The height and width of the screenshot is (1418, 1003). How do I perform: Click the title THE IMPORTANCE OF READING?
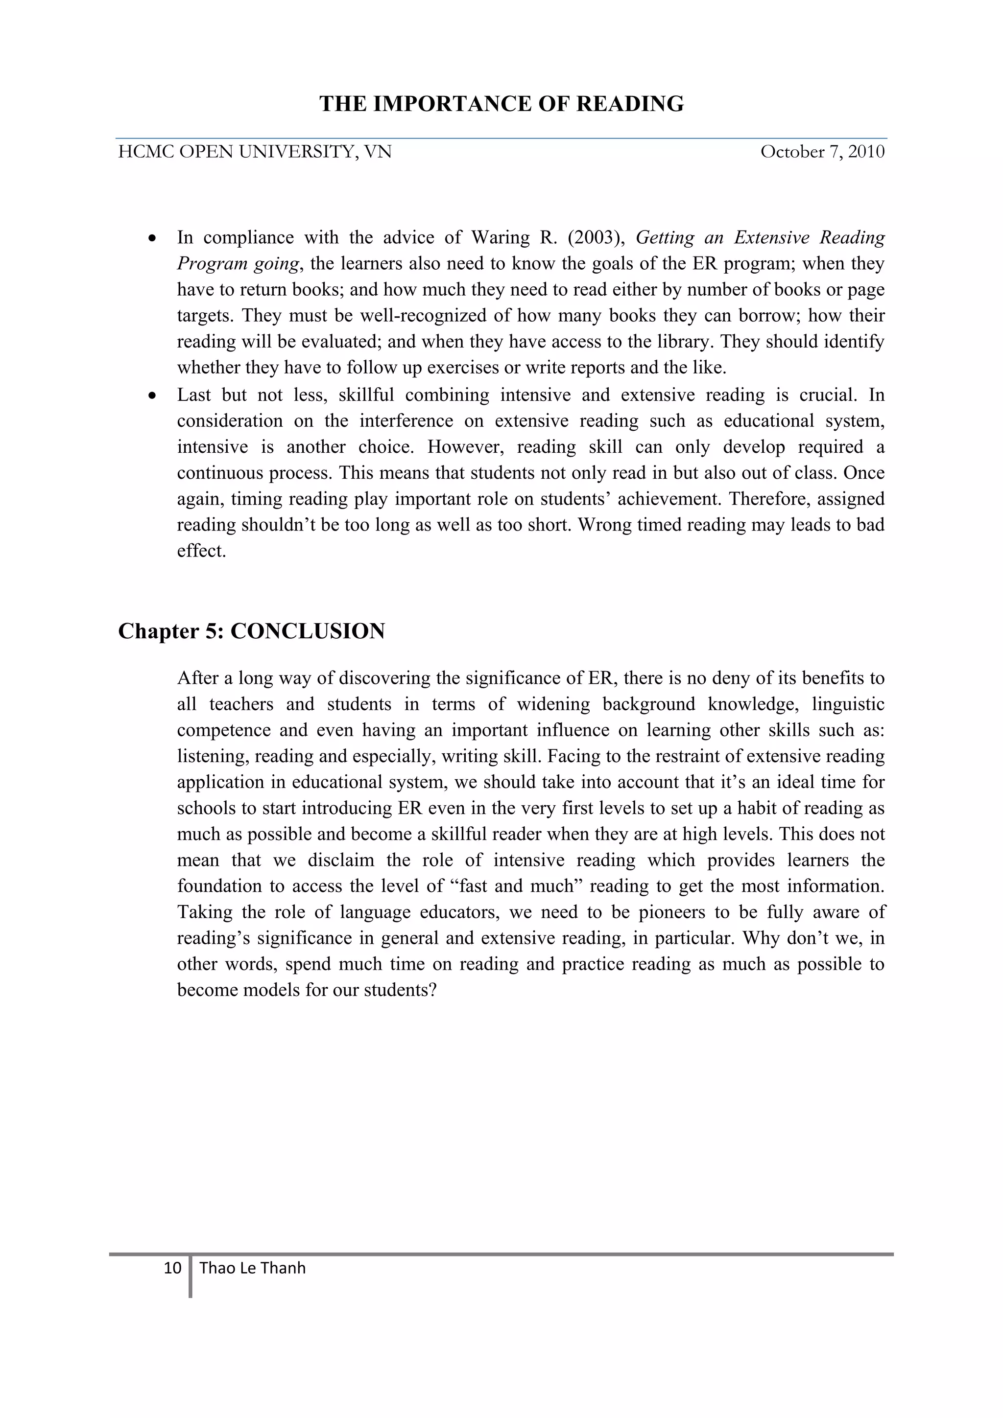coord(501,104)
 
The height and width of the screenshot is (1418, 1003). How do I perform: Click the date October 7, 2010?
coord(822,152)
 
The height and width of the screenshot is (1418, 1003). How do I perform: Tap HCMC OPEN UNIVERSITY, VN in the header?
coord(255,152)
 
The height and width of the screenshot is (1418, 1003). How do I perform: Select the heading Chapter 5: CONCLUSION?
coord(252,631)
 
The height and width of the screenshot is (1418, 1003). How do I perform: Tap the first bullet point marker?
coord(152,238)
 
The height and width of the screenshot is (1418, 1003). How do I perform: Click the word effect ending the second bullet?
coord(201,551)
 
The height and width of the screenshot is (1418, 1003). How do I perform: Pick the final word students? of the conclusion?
coord(401,990)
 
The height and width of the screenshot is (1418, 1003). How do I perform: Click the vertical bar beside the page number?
coord(191,1276)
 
